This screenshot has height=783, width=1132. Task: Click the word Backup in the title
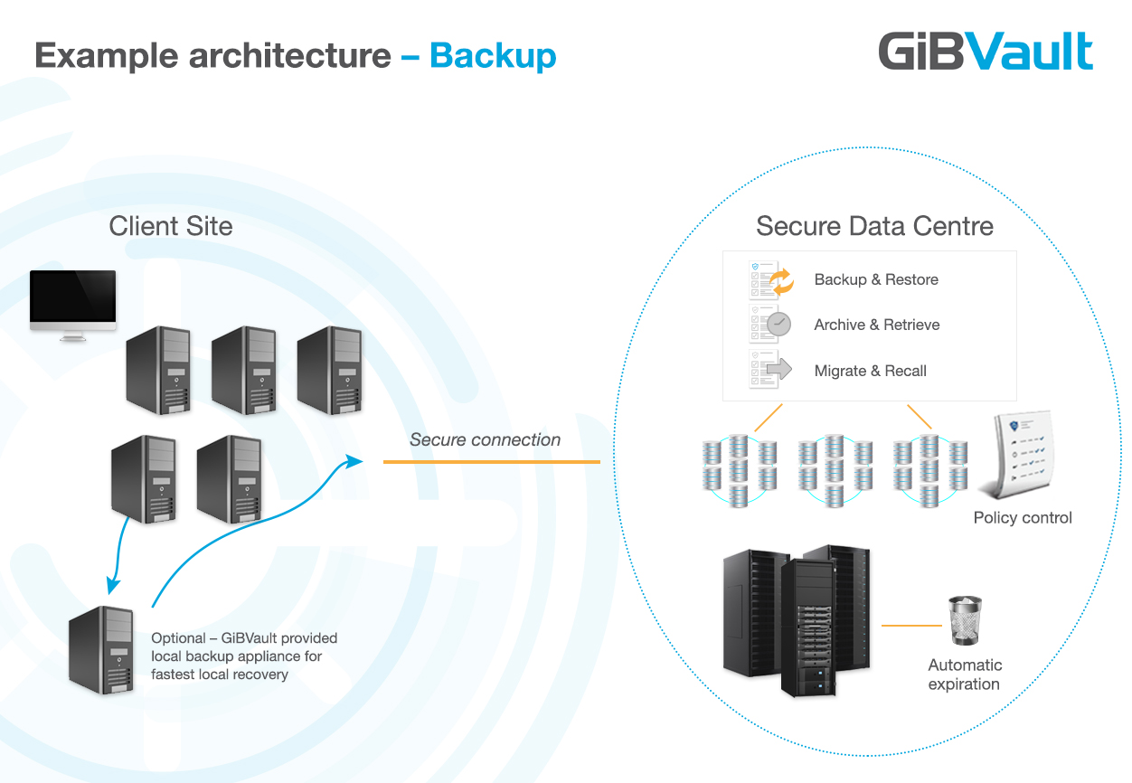[x=493, y=56]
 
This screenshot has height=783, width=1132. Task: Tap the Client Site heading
[x=171, y=226]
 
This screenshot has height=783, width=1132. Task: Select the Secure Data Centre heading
[x=874, y=226]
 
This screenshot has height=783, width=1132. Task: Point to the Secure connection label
[x=485, y=440]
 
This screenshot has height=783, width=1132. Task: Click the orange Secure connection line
[x=491, y=462]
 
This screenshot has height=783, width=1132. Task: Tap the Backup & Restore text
[x=876, y=279]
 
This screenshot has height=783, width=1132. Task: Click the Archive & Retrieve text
[x=877, y=325]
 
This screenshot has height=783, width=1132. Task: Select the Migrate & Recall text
[x=870, y=371]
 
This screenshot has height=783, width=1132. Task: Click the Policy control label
[x=1023, y=518]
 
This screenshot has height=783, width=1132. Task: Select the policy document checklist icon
[x=1019, y=457]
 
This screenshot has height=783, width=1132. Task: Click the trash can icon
[x=965, y=620]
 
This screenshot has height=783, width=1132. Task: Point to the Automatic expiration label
[x=965, y=675]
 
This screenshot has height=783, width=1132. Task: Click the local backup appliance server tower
[x=102, y=649]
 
